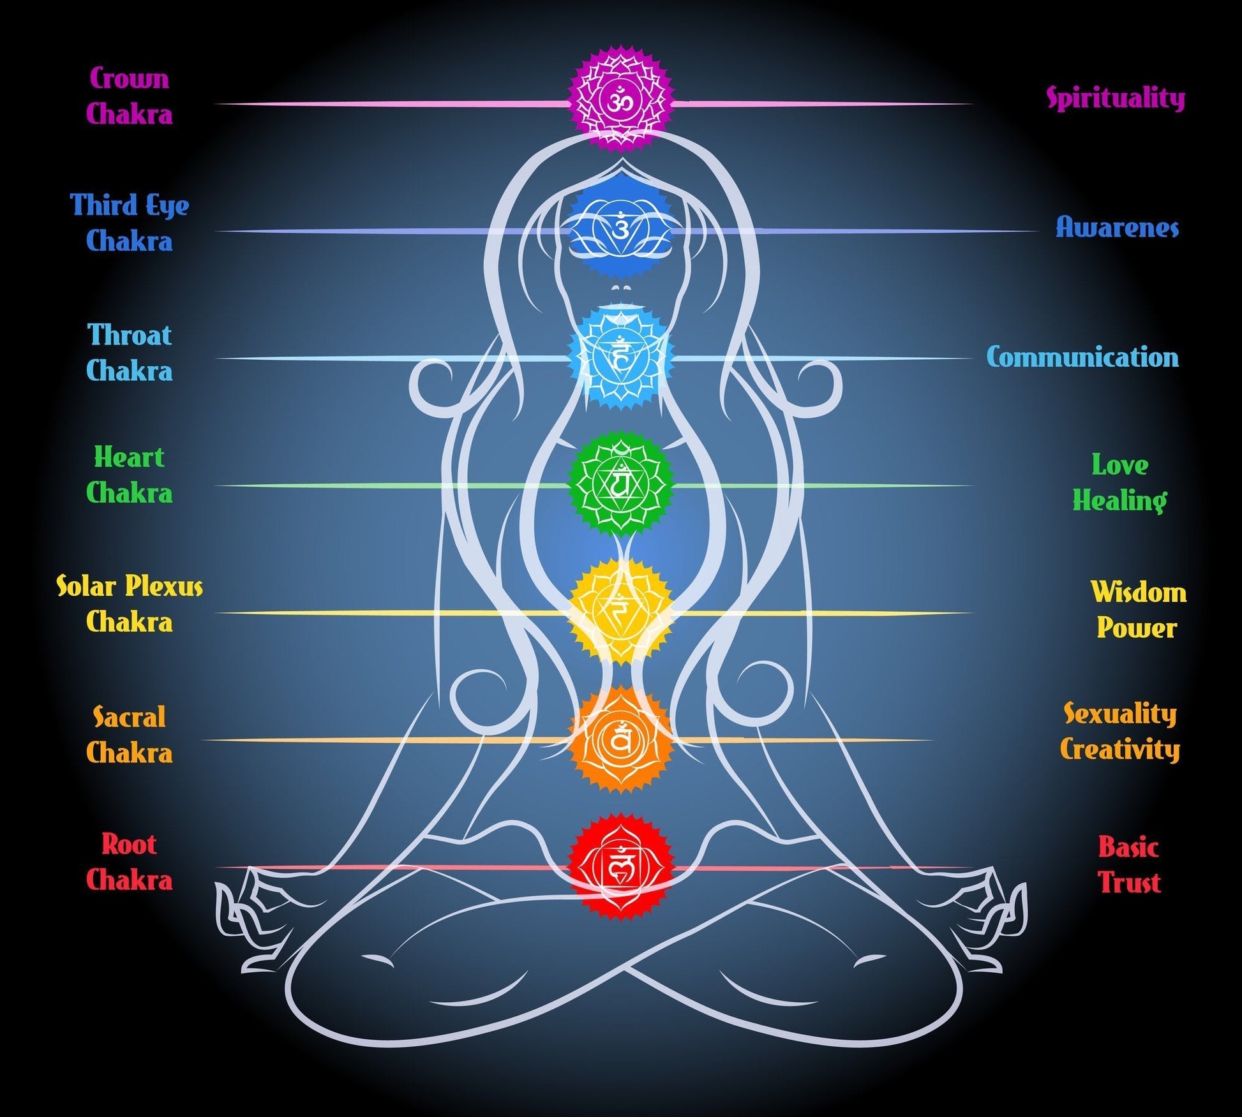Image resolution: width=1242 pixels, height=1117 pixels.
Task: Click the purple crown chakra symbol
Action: (620, 100)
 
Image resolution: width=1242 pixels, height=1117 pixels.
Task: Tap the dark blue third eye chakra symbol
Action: (620, 227)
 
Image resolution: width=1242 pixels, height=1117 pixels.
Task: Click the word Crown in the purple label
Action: (130, 78)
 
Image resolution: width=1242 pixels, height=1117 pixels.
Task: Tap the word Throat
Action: (130, 336)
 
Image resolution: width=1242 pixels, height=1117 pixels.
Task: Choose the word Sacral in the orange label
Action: (130, 717)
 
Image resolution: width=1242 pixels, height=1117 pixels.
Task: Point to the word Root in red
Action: (130, 845)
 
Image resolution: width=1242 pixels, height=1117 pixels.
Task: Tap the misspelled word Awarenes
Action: (1117, 228)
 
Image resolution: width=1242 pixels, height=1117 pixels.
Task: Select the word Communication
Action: (1082, 357)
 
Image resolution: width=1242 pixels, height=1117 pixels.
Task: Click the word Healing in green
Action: (1119, 501)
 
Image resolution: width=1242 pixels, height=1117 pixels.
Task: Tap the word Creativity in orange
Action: (1120, 750)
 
